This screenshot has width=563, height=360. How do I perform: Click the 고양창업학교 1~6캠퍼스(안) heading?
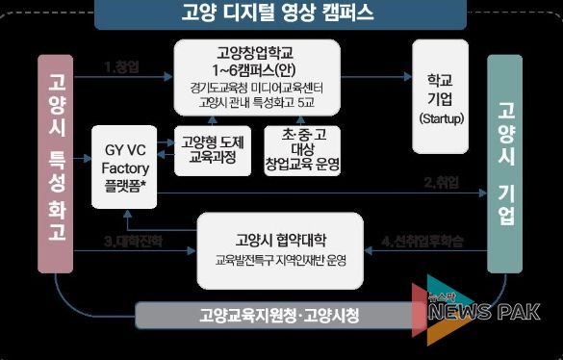[x=256, y=60]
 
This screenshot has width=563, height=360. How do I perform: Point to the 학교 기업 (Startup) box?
[x=441, y=95]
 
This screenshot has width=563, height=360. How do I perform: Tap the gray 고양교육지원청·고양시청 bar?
[x=279, y=316]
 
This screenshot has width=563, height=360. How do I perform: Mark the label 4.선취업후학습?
[x=426, y=240]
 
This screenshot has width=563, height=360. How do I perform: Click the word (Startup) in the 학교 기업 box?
[x=441, y=117]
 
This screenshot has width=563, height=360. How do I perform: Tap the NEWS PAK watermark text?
[x=482, y=311]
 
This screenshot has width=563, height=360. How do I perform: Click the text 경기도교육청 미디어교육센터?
[x=256, y=86]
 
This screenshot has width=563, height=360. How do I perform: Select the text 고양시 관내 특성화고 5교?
[x=256, y=102]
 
